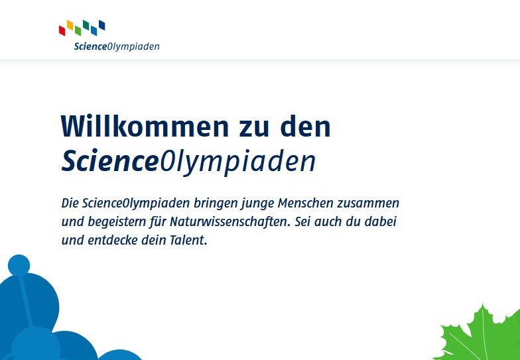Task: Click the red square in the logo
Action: [x=62, y=30]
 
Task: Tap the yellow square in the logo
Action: [x=70, y=25]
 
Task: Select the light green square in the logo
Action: [x=78, y=30]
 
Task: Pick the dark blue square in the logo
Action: [x=102, y=25]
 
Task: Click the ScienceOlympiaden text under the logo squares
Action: [x=117, y=46]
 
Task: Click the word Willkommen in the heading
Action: [x=145, y=126]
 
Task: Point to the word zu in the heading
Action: [x=253, y=129]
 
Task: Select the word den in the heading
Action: [x=305, y=126]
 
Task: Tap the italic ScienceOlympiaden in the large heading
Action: [x=188, y=162]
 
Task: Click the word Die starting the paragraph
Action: [x=70, y=203]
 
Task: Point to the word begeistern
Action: [x=117, y=222]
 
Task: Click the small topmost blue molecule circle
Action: [x=19, y=265]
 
